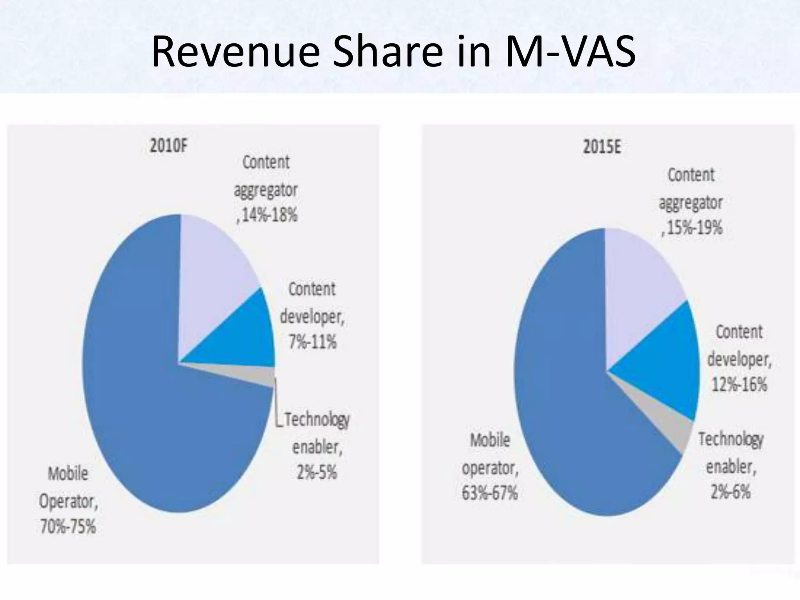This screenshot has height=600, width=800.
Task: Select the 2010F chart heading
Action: tap(169, 146)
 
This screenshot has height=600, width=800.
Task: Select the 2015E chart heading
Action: tap(602, 148)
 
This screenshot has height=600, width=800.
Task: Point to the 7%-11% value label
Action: tap(312, 342)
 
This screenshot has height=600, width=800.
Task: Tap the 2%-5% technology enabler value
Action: tap(317, 473)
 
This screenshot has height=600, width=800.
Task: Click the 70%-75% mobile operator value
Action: tap(68, 527)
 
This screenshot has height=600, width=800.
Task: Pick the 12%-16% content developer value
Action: tap(739, 385)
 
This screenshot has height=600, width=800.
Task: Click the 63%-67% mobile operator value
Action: tap(490, 493)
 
